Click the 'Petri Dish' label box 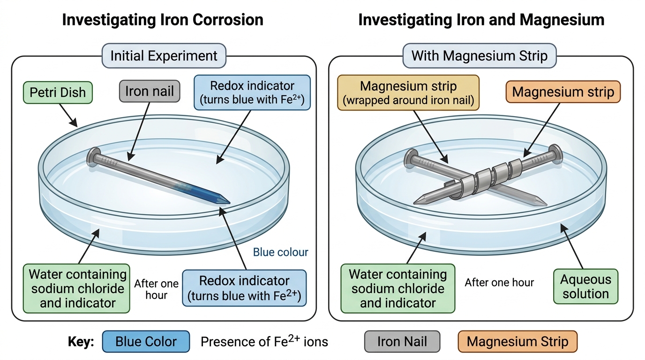tap(58, 92)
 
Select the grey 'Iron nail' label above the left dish tap(150, 91)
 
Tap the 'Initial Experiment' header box tap(164, 56)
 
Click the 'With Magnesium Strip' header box tap(480, 56)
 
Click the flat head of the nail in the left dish tap(94, 157)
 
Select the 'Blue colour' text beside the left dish tap(280, 252)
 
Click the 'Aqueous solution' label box tap(585, 286)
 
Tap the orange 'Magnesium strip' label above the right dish tap(563, 92)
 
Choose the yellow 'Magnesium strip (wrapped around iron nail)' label tap(408, 93)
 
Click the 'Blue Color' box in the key tap(146, 342)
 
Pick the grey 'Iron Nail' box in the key tap(402, 342)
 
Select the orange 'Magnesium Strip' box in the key tap(517, 342)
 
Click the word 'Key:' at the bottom tap(81, 342)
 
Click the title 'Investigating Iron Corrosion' tap(163, 20)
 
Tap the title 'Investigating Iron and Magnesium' tap(481, 20)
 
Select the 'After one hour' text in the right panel tap(499, 283)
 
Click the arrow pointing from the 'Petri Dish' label tap(68, 115)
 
